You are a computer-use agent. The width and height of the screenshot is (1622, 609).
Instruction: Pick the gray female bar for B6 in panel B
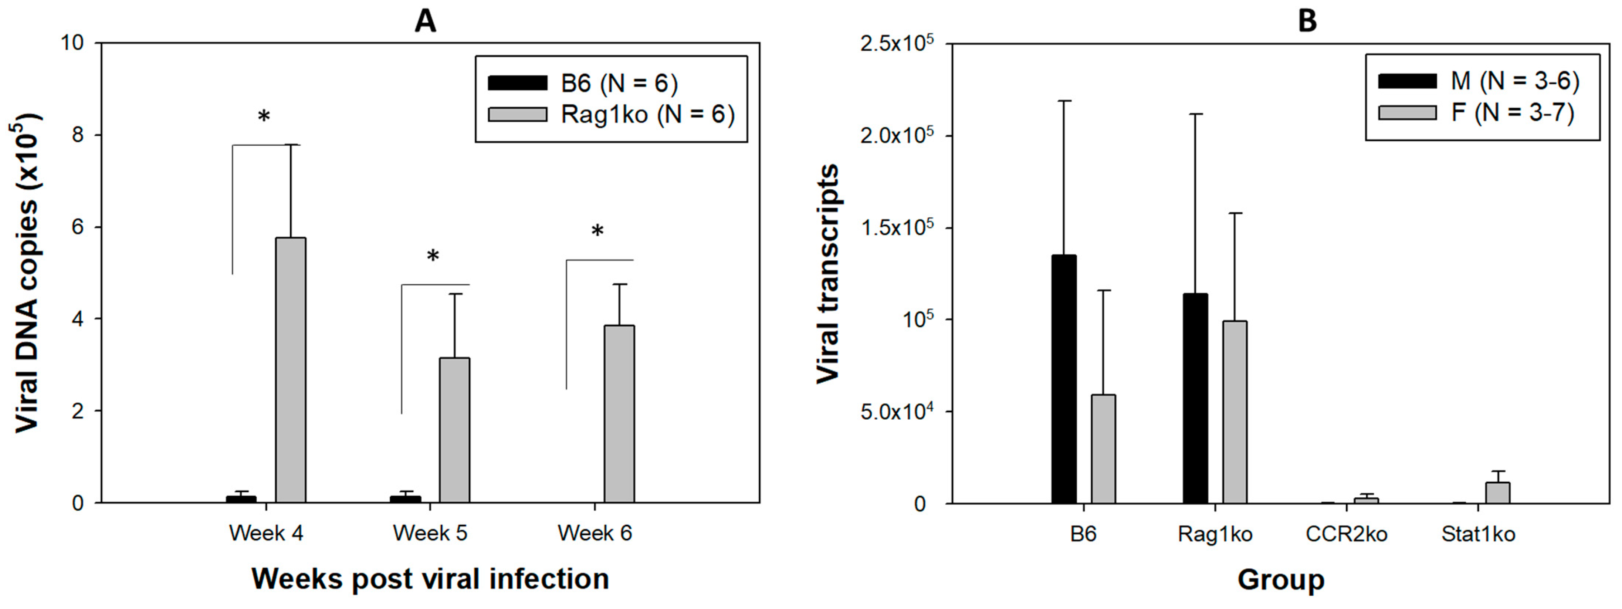[x=1103, y=449]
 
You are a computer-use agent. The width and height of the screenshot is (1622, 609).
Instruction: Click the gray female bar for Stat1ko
[x=1499, y=493]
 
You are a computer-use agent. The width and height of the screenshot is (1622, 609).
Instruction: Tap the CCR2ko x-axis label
[x=1346, y=534]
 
